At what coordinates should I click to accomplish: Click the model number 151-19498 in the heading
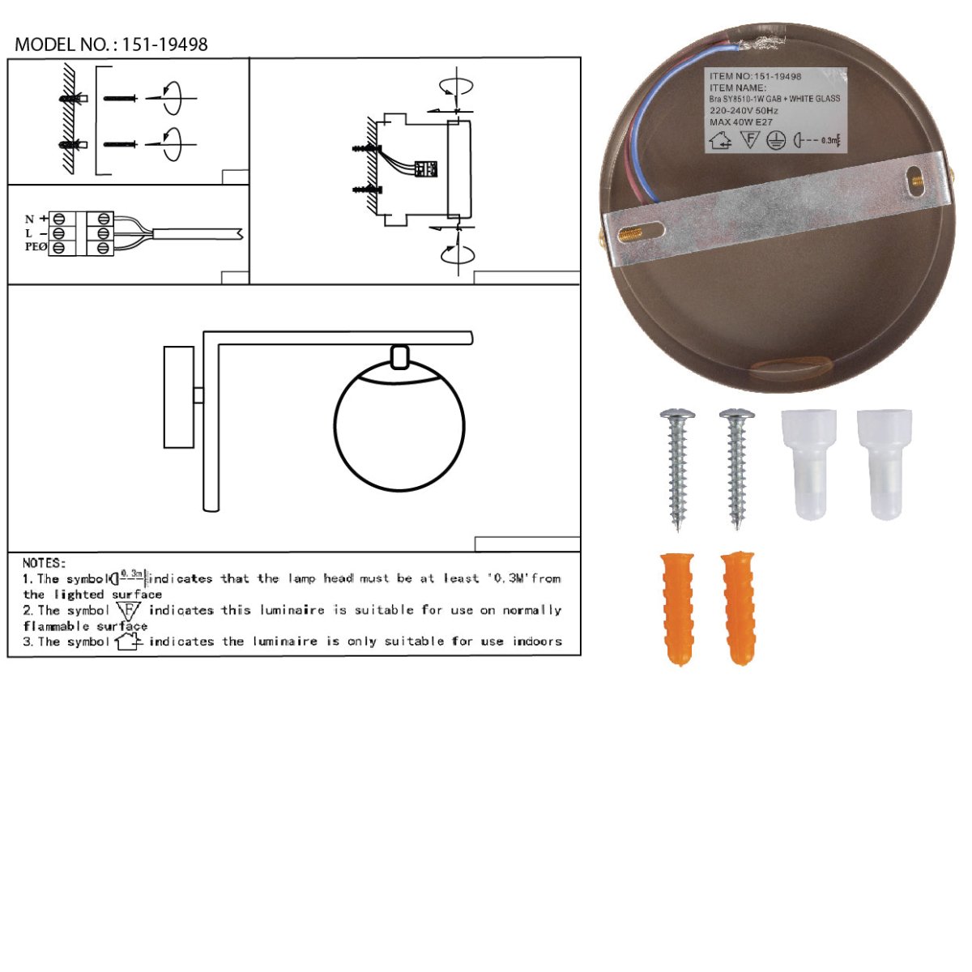tap(165, 45)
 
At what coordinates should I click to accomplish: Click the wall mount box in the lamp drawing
tap(179, 397)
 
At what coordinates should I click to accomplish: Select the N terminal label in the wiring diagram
tap(29, 219)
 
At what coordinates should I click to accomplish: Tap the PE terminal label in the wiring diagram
tap(36, 247)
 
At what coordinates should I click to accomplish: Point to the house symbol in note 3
tap(128, 642)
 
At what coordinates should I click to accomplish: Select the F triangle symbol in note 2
tap(128, 611)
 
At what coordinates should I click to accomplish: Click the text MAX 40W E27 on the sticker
tap(741, 122)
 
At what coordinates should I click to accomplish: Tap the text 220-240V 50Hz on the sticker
tap(744, 110)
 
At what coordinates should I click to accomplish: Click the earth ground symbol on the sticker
tap(776, 140)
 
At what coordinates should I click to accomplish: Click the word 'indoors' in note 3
tap(537, 642)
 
